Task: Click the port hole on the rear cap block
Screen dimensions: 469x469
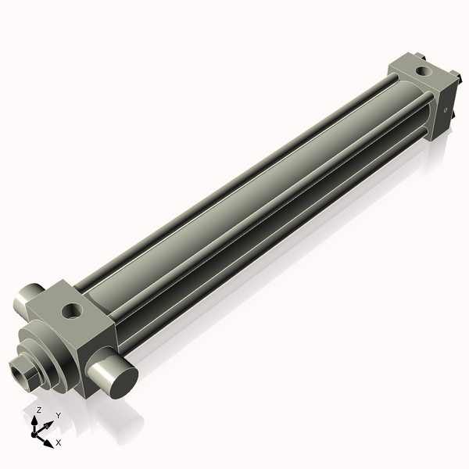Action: [x=424, y=71]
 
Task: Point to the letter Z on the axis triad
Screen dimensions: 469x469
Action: [x=39, y=410]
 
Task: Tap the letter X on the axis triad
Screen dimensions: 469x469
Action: [x=59, y=442]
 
